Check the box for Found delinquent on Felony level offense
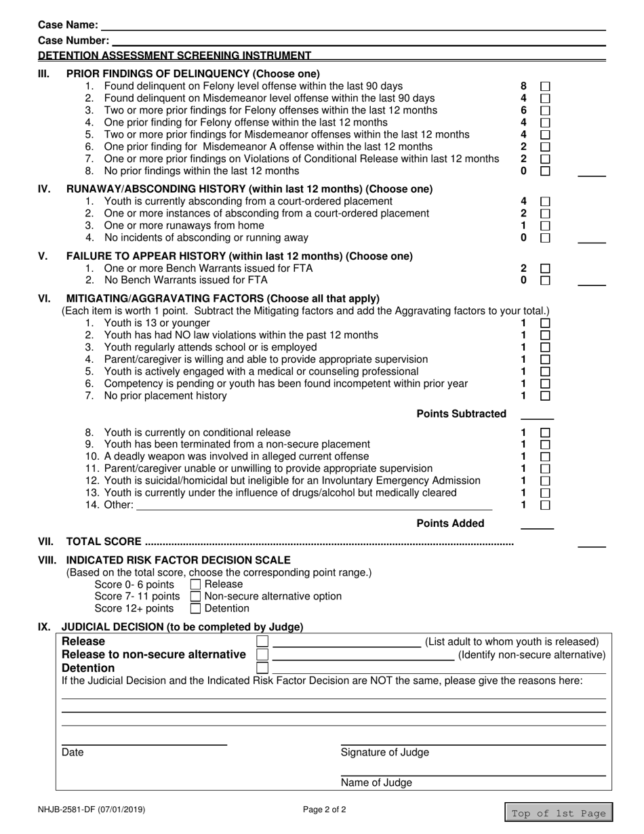point(545,87)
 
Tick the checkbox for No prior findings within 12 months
point(545,171)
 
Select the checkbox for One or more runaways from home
point(545,226)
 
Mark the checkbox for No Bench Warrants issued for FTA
point(545,280)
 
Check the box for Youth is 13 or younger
point(545,323)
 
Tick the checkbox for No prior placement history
point(545,396)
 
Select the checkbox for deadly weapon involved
point(545,457)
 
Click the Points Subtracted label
point(461,414)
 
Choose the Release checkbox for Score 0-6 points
point(196,584)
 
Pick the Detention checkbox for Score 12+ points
point(196,609)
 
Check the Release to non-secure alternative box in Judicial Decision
point(262,655)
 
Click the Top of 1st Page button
point(559,814)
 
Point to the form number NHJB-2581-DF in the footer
point(91,810)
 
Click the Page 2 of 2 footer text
point(325,810)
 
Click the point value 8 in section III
point(523,87)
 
